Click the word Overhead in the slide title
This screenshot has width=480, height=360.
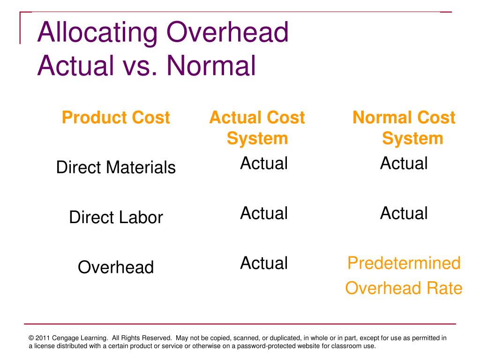click(x=228, y=33)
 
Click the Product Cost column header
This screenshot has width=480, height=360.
click(x=115, y=117)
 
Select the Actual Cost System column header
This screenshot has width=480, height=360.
click(x=257, y=127)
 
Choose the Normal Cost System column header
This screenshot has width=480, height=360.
click(x=404, y=127)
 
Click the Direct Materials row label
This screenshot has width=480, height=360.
click(x=116, y=167)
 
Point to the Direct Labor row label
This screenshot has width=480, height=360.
click(x=116, y=217)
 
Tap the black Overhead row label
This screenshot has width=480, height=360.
click(x=116, y=267)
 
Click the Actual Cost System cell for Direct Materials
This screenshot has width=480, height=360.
click(x=263, y=164)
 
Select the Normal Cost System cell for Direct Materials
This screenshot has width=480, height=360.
click(x=404, y=164)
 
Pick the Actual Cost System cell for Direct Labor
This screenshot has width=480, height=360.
click(x=263, y=213)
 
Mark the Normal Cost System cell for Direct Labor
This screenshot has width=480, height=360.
click(x=404, y=213)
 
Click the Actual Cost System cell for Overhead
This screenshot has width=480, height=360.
click(x=263, y=263)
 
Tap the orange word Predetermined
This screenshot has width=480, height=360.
click(x=404, y=263)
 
